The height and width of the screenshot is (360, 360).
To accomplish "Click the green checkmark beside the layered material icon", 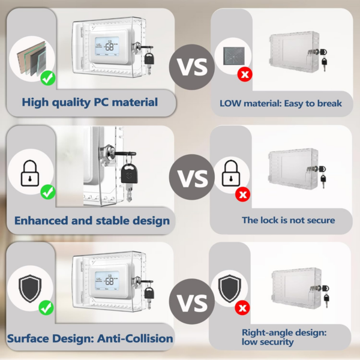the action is click(x=48, y=78).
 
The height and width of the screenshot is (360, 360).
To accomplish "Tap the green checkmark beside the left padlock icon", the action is click(x=48, y=191).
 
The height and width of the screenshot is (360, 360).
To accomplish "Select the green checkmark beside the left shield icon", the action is click(x=46, y=307).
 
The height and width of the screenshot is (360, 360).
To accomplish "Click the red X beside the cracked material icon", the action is click(x=245, y=74).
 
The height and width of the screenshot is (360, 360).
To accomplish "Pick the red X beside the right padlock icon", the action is click(x=242, y=194).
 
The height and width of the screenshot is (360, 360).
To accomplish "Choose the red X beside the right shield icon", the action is click(x=242, y=308).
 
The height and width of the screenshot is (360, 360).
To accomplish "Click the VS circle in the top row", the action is click(x=192, y=67).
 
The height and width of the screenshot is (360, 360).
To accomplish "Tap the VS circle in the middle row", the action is click(x=192, y=177).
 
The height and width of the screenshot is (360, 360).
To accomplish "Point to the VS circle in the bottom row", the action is click(x=192, y=301).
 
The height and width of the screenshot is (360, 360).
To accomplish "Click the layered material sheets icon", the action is click(x=31, y=58).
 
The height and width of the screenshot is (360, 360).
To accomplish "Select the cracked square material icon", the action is click(x=234, y=56).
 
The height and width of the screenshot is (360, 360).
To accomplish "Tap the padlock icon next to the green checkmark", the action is click(x=30, y=173).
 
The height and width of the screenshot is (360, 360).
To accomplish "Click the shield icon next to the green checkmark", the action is click(x=30, y=288).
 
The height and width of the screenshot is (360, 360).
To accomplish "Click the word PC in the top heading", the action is click(x=101, y=102).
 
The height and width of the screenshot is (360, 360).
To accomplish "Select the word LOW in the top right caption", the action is click(x=230, y=104).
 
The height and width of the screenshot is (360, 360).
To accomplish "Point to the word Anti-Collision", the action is click(x=135, y=338).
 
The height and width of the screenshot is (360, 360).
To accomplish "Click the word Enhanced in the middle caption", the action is click(x=41, y=221).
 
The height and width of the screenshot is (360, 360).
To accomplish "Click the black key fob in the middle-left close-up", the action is click(x=129, y=173).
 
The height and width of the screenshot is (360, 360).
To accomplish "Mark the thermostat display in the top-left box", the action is click(x=107, y=46).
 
